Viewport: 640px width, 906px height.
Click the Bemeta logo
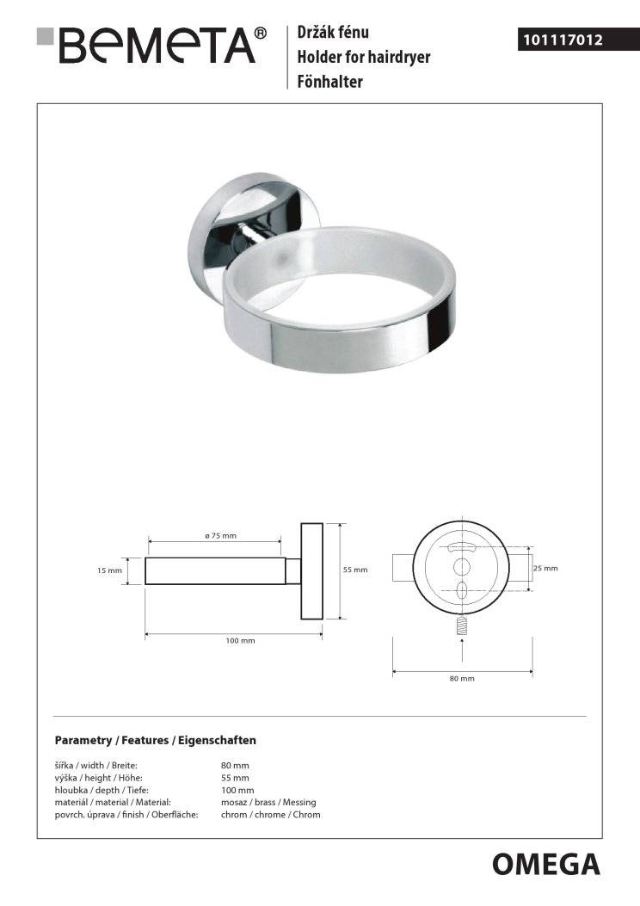[x=151, y=45]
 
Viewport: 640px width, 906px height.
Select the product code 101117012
[x=563, y=40]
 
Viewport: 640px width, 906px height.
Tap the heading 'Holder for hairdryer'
[x=364, y=57]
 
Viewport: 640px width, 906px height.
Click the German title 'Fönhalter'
[x=329, y=82]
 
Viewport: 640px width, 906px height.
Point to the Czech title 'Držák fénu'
[x=333, y=33]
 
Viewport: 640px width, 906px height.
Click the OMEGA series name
[x=546, y=865]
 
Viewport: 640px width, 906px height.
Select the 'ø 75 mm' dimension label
[x=221, y=536]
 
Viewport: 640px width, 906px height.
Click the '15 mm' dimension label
[x=110, y=570]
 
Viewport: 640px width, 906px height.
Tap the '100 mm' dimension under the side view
[x=240, y=640]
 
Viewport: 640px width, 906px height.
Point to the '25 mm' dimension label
[x=545, y=568]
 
